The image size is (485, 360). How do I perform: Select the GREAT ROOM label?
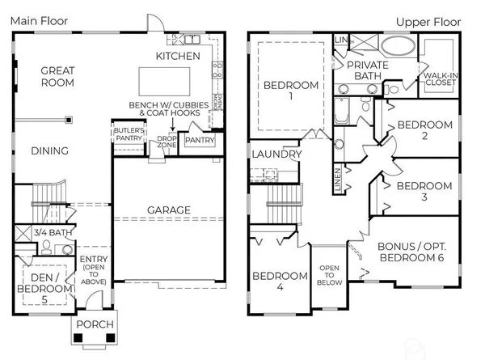(x=57, y=76)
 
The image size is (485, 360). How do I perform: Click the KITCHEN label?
(x=178, y=56)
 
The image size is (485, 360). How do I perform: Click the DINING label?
(x=49, y=150)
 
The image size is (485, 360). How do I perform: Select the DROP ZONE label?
(x=167, y=142)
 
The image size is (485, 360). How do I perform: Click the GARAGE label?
(x=168, y=210)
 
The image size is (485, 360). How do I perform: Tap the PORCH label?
(x=95, y=325)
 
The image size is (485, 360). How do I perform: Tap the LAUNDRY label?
(x=276, y=154)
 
